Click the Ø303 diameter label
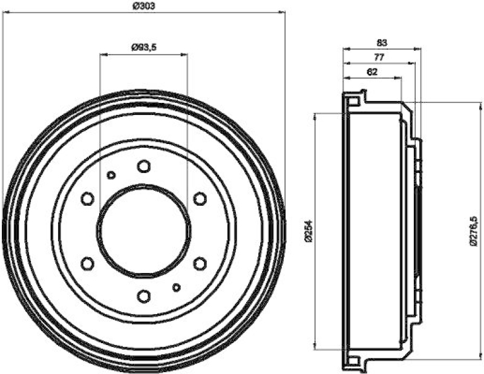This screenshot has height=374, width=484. (143, 5)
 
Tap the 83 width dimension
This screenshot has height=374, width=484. (381, 42)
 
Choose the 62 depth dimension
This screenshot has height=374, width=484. (372, 71)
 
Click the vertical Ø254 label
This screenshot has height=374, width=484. (308, 231)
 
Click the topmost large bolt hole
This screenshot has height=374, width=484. (143, 166)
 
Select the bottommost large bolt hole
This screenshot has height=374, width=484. (143, 296)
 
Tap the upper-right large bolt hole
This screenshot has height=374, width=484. (200, 198)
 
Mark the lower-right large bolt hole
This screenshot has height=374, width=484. (200, 263)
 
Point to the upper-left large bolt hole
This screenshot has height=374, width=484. (87, 198)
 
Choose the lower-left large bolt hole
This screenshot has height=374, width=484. (87, 263)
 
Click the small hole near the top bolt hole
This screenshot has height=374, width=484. (111, 175)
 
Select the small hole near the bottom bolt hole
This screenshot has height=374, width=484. (176, 287)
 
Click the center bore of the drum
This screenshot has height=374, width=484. (144, 231)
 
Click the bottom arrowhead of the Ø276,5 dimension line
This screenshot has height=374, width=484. (466, 356)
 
